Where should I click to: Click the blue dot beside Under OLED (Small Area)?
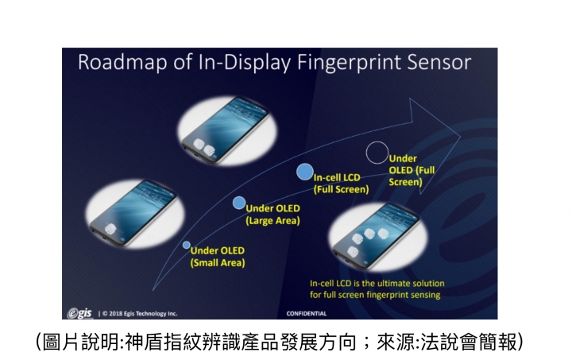point(187,245)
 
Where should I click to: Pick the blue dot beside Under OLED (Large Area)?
point(239,203)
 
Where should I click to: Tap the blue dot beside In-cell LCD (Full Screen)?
point(305,172)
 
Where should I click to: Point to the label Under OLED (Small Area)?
point(218,257)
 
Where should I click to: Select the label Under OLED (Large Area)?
point(272,215)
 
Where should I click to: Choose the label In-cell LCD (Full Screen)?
point(341,184)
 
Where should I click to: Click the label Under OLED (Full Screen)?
point(412,170)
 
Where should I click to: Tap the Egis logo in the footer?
point(79,313)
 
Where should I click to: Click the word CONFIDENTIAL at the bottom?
point(307,313)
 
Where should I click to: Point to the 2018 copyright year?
point(116,313)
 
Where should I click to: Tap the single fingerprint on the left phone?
point(110,229)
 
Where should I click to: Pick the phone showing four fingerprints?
point(376,236)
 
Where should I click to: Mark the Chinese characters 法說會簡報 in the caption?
point(470,343)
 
